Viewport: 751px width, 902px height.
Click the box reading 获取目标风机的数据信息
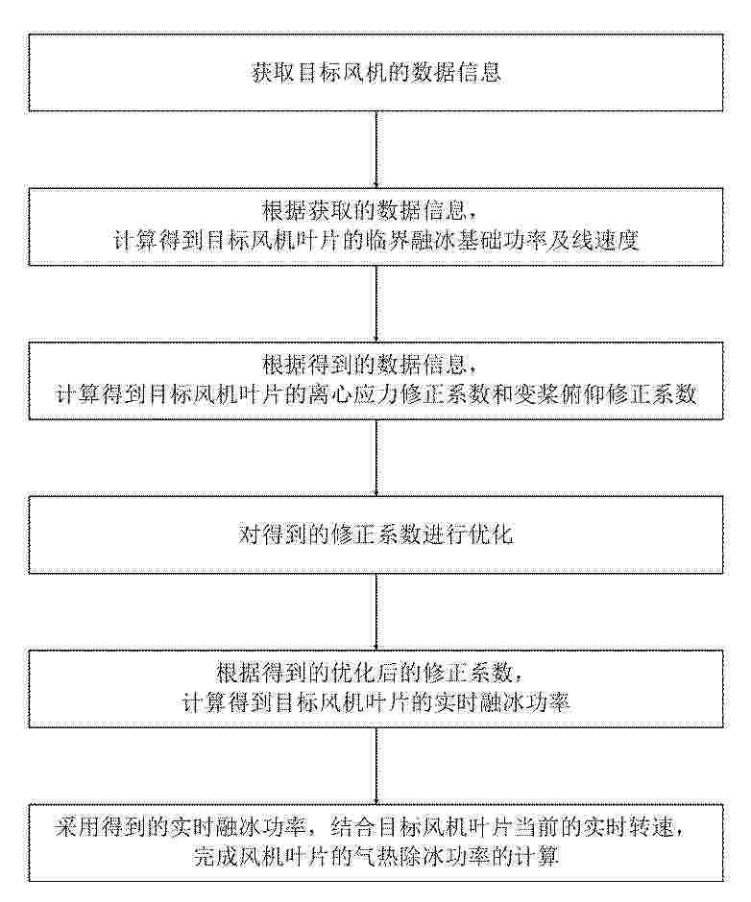[x=376, y=73]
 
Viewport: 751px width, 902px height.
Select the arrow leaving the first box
[x=376, y=149]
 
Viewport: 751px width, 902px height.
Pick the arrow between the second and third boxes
[x=376, y=303]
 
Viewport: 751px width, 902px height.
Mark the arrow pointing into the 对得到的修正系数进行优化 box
[x=376, y=458]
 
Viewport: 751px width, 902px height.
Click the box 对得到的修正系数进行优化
[x=376, y=534]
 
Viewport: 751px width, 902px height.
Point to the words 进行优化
[x=469, y=534]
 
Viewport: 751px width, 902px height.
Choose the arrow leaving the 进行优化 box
[x=376, y=611]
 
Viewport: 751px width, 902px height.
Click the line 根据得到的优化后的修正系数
[x=365, y=673]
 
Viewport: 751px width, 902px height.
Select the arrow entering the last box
[x=376, y=766]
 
